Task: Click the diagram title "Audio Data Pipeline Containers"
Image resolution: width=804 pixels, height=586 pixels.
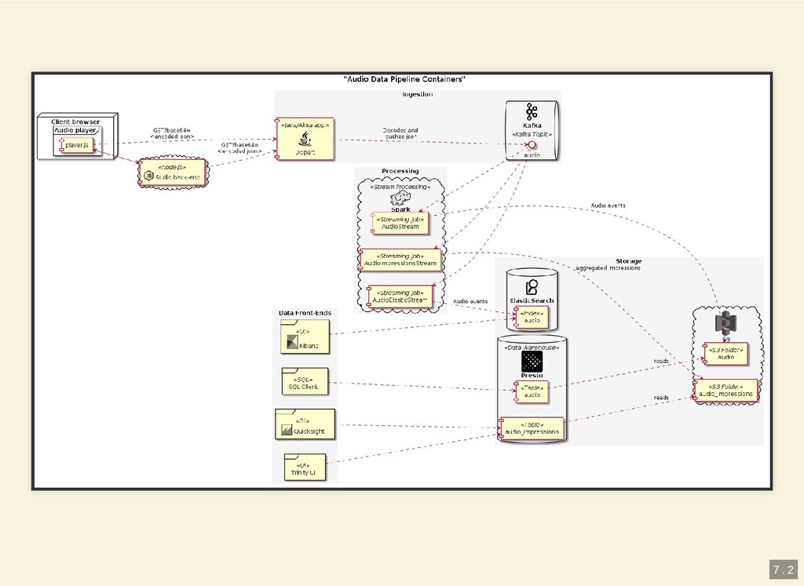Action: point(404,79)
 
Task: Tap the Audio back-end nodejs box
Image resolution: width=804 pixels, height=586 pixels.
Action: point(173,173)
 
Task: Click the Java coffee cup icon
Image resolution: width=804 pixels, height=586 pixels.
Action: point(305,138)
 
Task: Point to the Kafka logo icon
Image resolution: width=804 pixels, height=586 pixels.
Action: point(532,111)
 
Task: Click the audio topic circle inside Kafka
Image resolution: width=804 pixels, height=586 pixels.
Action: point(532,146)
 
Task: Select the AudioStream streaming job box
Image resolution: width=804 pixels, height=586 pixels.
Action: point(400,223)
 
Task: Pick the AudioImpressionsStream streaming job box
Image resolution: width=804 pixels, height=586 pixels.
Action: point(400,260)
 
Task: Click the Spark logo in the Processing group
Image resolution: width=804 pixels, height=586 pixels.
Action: point(401,198)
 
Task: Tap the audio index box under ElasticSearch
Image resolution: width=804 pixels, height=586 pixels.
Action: point(532,317)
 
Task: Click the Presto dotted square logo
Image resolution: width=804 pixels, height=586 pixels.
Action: point(532,361)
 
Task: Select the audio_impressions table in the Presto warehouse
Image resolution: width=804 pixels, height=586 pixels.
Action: point(532,428)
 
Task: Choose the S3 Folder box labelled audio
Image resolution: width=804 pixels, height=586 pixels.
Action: point(725,353)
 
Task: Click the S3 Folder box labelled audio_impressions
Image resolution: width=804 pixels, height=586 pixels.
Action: point(725,390)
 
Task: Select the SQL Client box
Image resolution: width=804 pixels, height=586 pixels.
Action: point(305,382)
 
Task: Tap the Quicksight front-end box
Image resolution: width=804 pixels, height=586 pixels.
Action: point(305,424)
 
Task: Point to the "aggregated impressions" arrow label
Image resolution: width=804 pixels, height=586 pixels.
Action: point(608,268)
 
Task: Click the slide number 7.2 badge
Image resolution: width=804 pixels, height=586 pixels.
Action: point(782,570)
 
